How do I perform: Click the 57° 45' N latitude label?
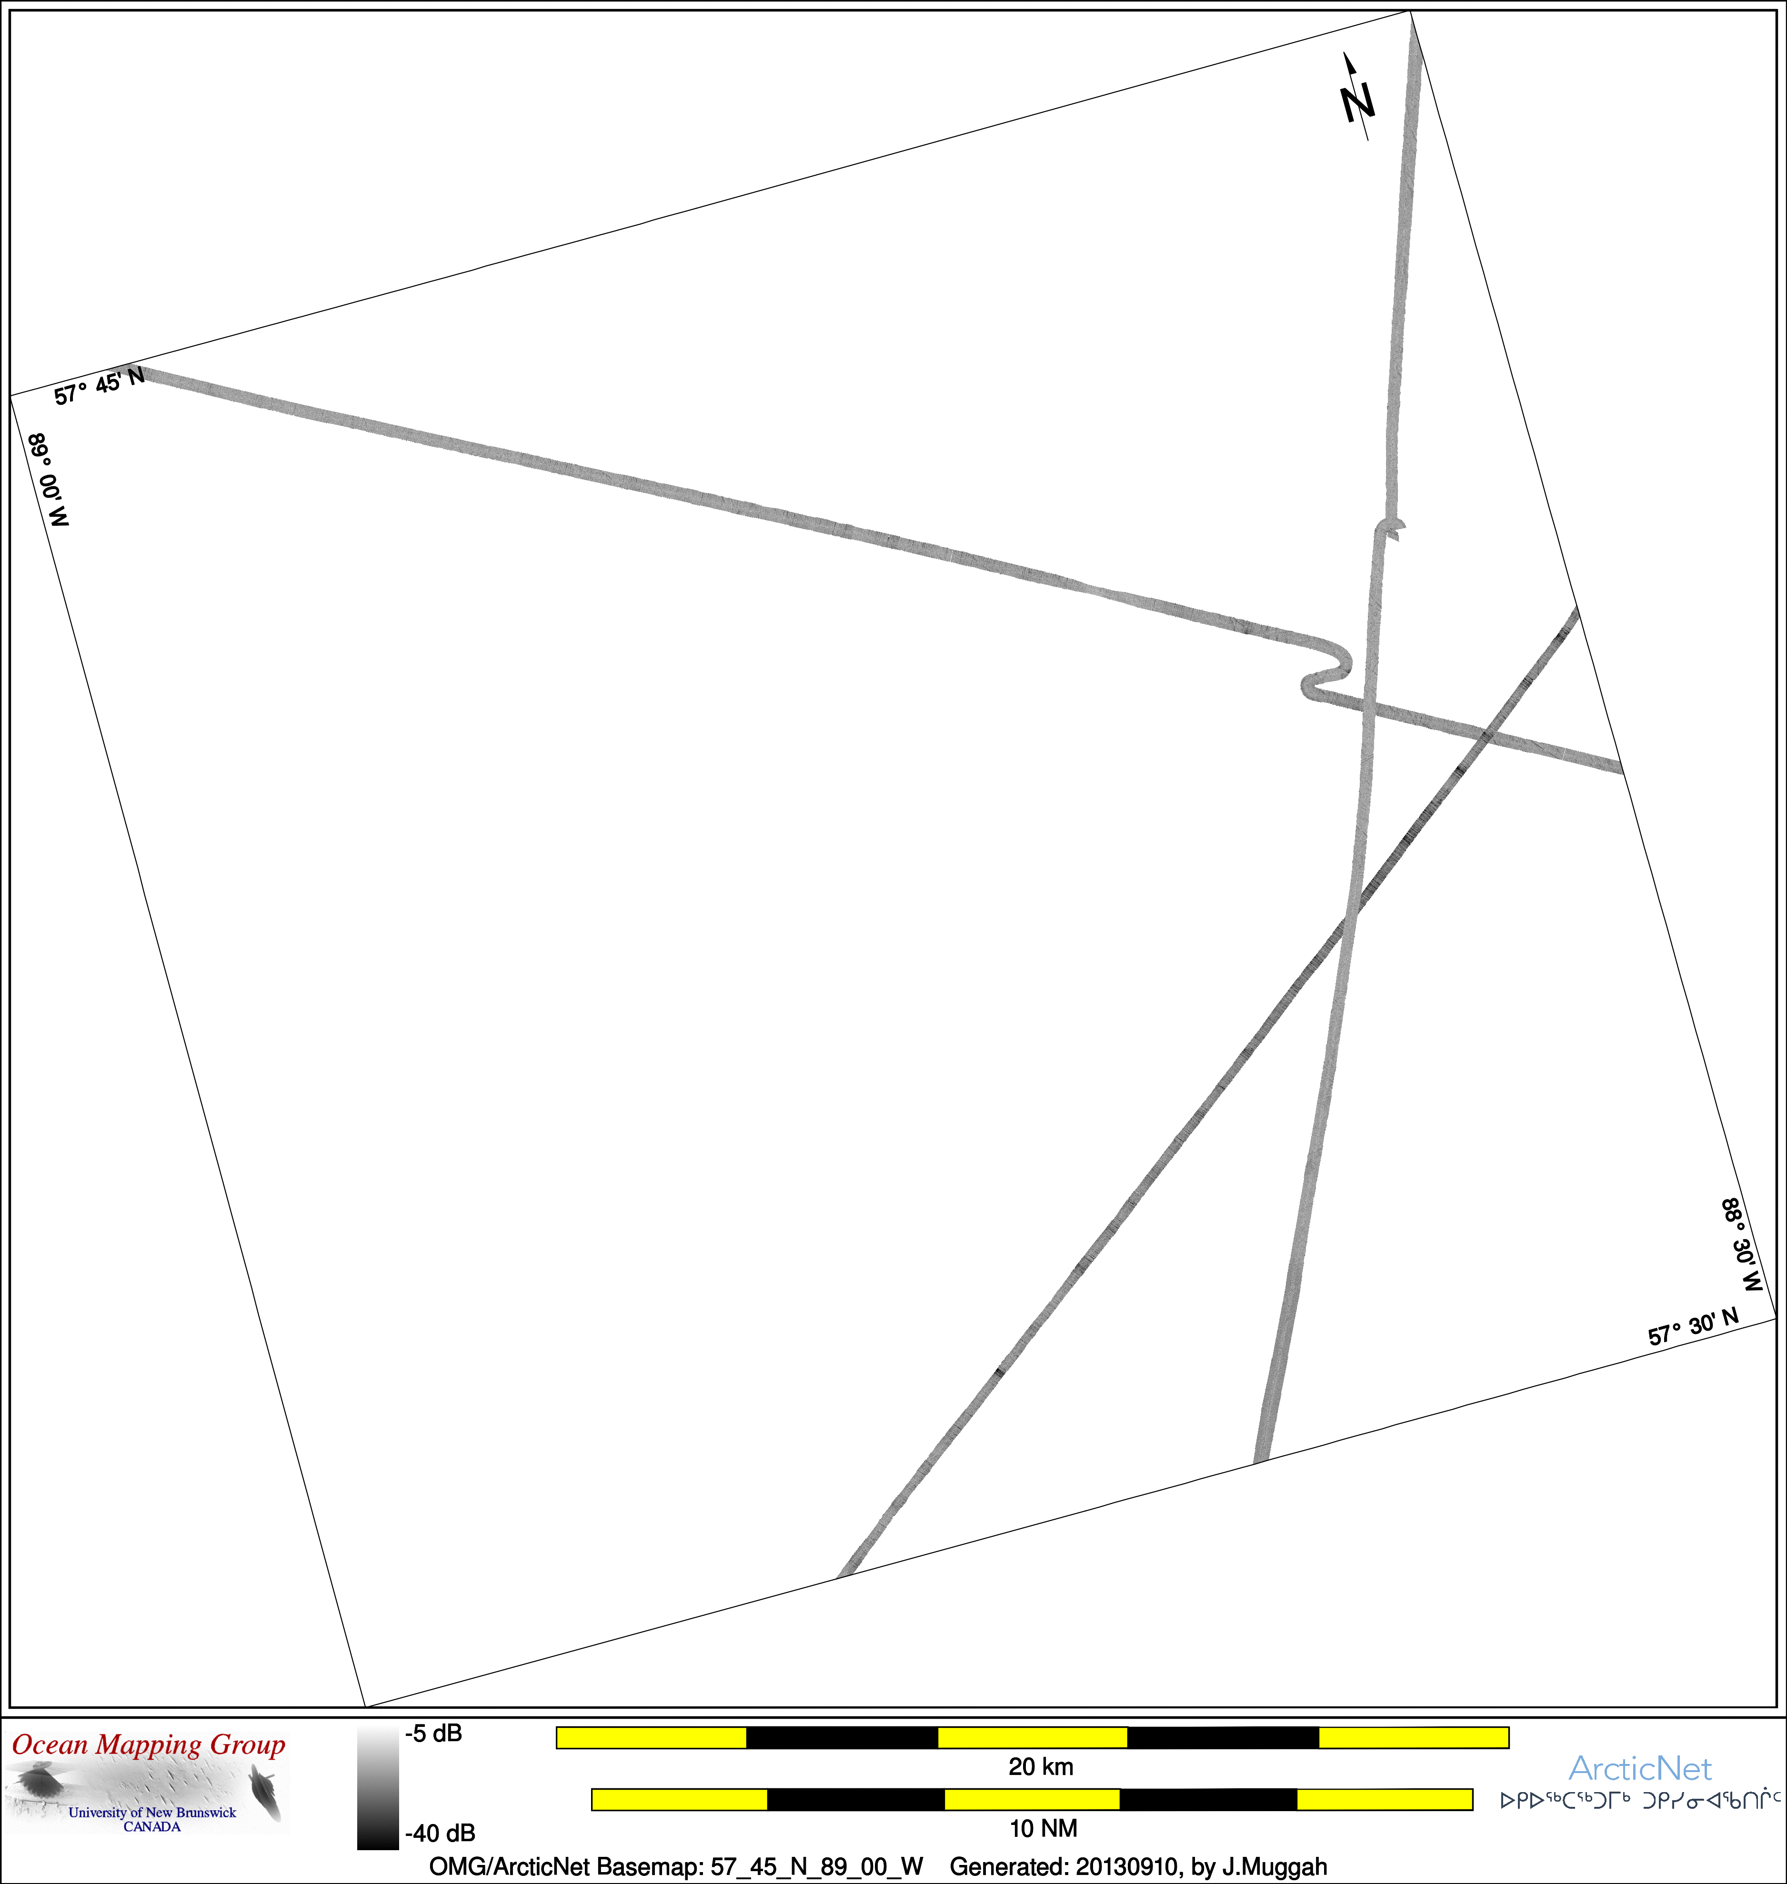[x=99, y=386]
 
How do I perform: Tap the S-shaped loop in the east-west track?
[x=1326, y=667]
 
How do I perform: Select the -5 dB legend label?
[x=433, y=1734]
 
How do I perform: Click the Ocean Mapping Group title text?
[x=149, y=1745]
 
